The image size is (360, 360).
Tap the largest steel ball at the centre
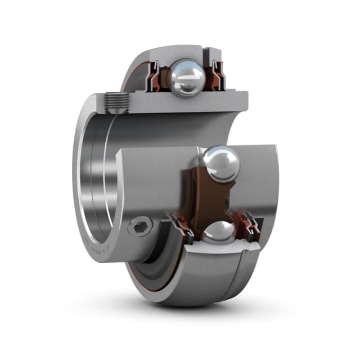[221, 164]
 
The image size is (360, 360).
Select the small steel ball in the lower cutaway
[219, 232]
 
